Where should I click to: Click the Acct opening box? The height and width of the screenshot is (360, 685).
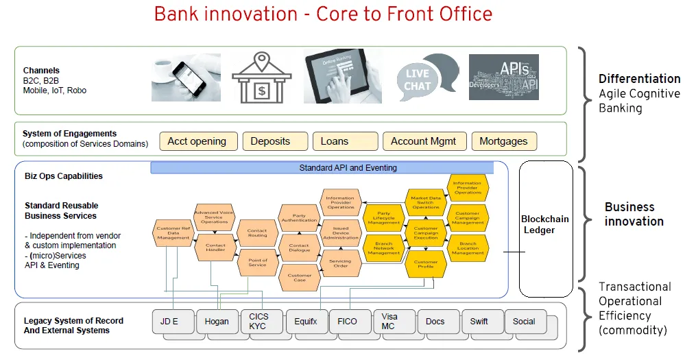(197, 141)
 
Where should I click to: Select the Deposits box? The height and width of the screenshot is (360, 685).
(270, 141)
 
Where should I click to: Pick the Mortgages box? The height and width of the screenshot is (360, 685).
(503, 141)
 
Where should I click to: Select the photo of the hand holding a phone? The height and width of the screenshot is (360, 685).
(186, 77)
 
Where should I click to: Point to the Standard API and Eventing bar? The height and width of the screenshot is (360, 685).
(322, 168)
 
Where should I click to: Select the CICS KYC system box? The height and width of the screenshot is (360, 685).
(259, 322)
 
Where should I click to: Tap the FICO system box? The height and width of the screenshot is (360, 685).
(347, 322)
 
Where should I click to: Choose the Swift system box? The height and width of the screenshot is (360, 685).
(479, 322)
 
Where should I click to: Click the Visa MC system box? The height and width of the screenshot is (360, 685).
(389, 322)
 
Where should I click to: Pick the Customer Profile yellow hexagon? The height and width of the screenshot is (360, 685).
(425, 265)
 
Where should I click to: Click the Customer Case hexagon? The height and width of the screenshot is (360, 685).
(299, 278)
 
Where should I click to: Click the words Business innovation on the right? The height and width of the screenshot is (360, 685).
(634, 214)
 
